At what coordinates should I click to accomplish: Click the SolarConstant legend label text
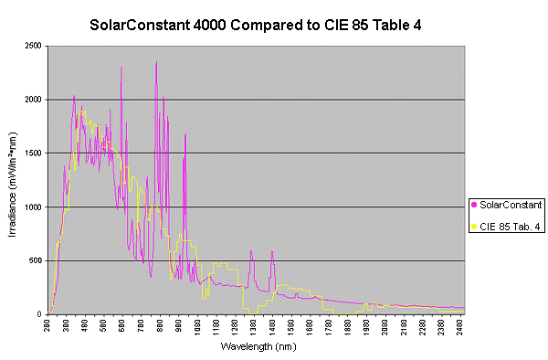(511, 203)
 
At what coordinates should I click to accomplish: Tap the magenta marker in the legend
(474, 203)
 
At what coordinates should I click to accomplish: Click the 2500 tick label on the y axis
(33, 46)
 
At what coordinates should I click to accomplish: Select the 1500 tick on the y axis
(33, 153)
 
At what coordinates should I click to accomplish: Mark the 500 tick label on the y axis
(36, 260)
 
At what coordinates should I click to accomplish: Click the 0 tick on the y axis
(40, 314)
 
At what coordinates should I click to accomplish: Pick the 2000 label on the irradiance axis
(33, 100)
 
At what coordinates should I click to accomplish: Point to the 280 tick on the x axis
(48, 327)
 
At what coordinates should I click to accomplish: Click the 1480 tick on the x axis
(273, 327)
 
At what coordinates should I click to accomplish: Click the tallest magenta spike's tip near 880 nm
(156, 61)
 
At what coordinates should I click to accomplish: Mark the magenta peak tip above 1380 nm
(251, 250)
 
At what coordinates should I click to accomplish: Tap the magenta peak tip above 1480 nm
(272, 250)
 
